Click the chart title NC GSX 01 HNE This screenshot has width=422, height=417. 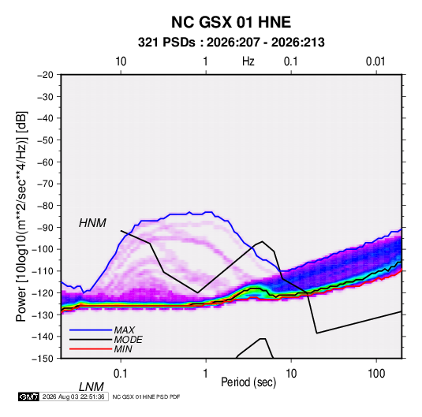tap(231, 22)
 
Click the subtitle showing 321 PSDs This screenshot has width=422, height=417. tap(231, 43)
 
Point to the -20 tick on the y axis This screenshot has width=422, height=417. tap(45, 75)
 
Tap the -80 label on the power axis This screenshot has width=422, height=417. tap(45, 206)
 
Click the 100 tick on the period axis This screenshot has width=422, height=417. tap(376, 374)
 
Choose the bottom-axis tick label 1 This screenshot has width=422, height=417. tap(206, 374)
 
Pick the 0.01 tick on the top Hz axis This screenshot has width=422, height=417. tap(375, 61)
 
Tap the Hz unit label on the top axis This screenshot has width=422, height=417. tap(248, 61)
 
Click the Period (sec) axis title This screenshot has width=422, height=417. tap(248, 382)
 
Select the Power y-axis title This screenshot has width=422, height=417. tap(21, 216)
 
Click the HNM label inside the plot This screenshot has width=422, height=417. tap(92, 223)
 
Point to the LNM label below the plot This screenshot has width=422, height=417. tap(91, 387)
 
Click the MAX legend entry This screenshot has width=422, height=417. tap(124, 330)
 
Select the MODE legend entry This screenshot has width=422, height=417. tap(128, 340)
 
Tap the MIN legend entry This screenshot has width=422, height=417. tap(123, 349)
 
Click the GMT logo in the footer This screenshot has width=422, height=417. tap(28, 397)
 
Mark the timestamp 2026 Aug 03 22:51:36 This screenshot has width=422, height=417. tap(73, 397)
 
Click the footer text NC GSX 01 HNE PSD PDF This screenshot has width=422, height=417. tap(146, 397)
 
